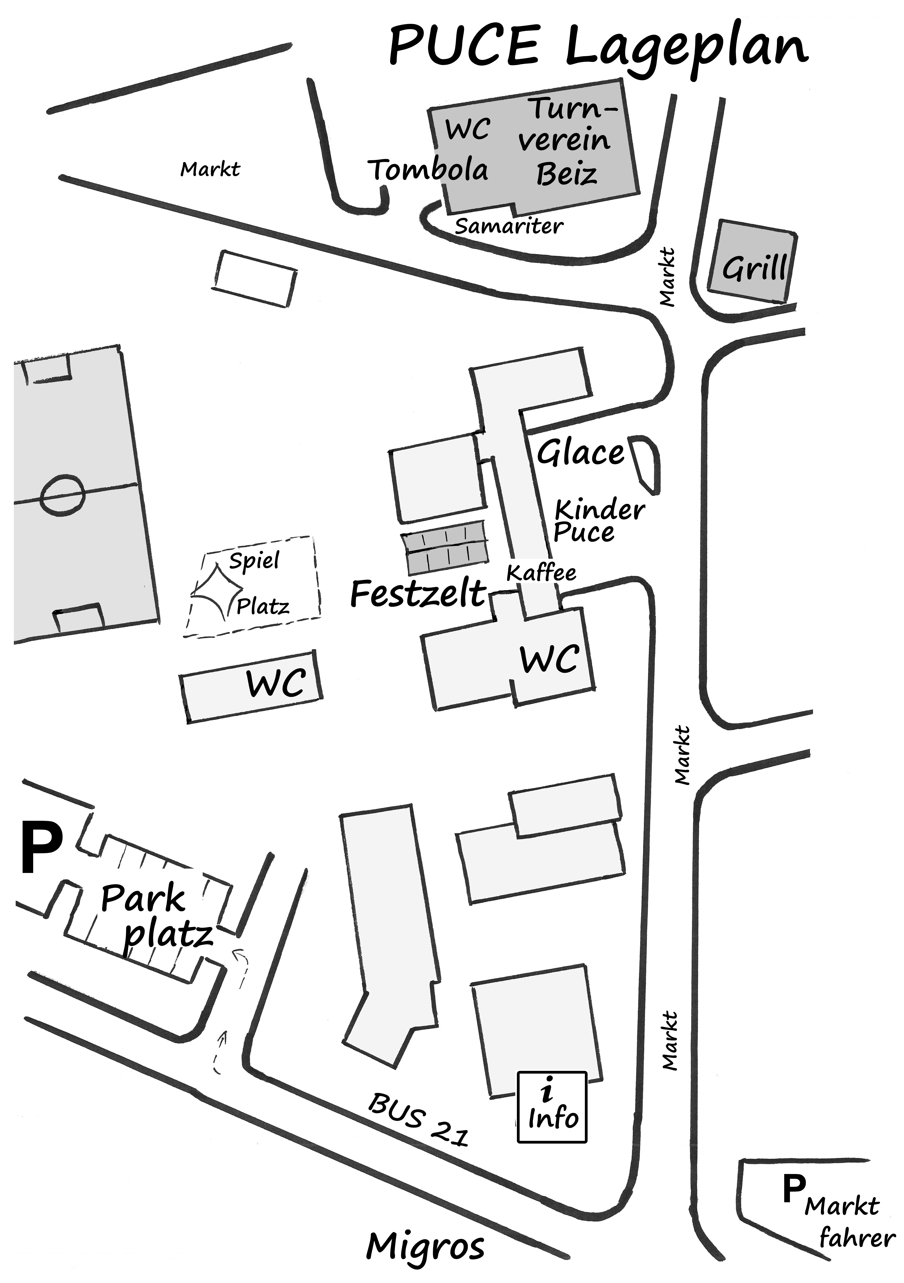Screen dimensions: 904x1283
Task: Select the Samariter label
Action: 508,226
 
